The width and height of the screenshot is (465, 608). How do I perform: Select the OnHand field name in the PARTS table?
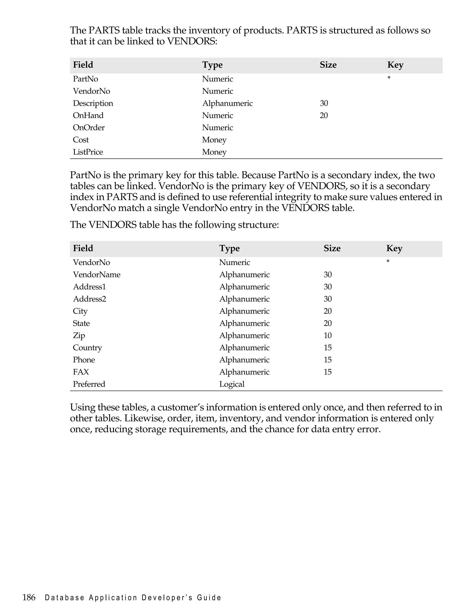coord(88,115)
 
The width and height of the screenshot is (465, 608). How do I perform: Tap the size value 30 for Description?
coord(324,103)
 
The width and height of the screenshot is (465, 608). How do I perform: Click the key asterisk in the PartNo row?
coord(389,78)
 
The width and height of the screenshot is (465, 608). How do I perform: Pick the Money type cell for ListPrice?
coord(214,152)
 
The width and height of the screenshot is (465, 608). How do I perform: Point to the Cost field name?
coord(81,140)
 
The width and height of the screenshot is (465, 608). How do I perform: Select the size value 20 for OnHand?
coord(324,115)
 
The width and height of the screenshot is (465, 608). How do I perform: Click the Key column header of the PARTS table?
coord(395,65)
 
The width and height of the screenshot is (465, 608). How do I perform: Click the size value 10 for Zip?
coord(328,335)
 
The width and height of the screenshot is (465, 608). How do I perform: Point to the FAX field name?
coord(81,372)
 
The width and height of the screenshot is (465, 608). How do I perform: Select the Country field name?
coord(87,348)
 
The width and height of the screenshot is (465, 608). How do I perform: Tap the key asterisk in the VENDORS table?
coord(388,262)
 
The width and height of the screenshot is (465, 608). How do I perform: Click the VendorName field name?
coord(96,274)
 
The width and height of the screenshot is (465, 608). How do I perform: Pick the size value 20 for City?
coord(328,311)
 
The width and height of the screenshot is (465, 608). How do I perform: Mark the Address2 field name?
coord(89,299)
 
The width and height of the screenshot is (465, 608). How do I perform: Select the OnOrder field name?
coord(89,128)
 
